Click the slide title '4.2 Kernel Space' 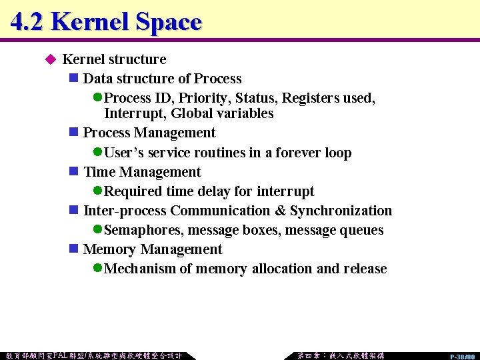(106, 22)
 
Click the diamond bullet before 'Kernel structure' (49, 59)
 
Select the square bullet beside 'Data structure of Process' (74, 79)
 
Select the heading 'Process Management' (149, 133)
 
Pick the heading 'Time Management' (141, 172)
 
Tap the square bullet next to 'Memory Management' (74, 249)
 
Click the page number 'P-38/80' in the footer (461, 357)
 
